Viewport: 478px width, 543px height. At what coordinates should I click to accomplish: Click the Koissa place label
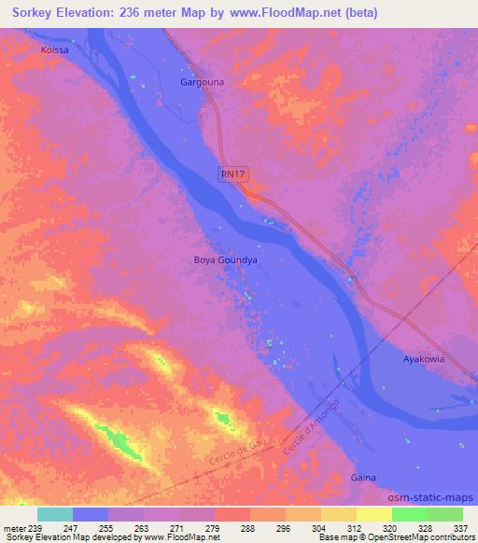54,49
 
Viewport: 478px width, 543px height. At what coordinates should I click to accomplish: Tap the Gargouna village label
202,82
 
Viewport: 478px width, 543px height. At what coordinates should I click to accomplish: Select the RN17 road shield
233,173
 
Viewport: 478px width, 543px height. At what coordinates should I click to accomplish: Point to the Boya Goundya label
225,261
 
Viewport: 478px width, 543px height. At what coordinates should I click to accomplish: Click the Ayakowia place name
423,358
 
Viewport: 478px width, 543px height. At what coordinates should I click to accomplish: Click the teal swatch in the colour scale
55,514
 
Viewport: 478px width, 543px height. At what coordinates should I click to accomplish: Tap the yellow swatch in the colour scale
374,514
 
